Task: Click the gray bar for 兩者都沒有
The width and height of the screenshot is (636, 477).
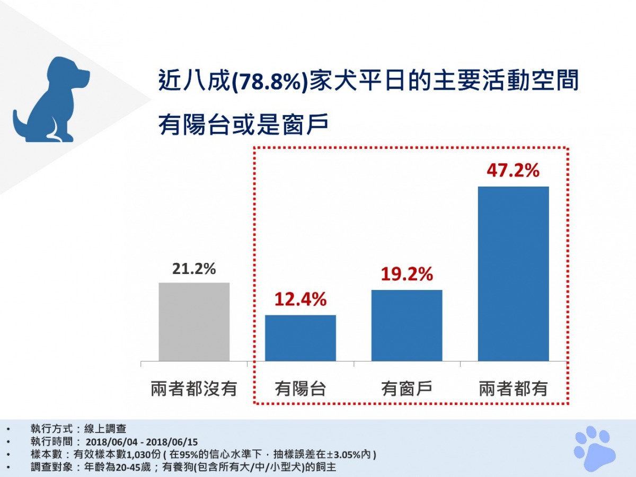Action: (194, 322)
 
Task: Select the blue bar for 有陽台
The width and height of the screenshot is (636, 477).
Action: (301, 338)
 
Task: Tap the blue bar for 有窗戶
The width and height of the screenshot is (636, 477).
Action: (407, 325)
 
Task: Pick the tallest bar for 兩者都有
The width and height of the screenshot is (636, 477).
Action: (513, 273)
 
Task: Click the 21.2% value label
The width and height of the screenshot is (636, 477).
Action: (194, 269)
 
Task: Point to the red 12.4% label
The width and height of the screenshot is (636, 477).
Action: (300, 301)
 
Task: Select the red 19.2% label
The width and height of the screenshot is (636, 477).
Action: (407, 275)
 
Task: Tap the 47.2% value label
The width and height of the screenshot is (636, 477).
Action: (513, 171)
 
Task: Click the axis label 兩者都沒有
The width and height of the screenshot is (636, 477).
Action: (194, 389)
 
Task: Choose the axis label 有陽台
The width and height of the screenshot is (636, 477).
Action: (301, 389)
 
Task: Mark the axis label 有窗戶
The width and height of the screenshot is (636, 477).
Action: (407, 389)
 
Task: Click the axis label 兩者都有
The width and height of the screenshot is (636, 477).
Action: (513, 389)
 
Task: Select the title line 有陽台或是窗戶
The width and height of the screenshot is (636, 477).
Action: (244, 125)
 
